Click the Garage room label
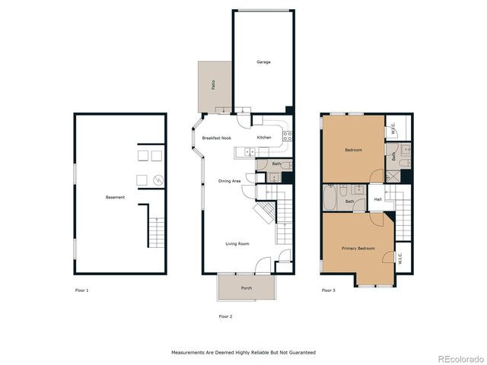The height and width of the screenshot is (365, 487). coord(263,62)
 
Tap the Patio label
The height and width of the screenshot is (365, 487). coord(213,85)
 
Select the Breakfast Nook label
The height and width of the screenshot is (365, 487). coord(216,138)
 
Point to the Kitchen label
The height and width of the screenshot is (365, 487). coord(264,137)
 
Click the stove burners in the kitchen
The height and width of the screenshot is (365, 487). coord(288,136)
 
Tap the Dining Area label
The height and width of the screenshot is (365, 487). coord(229,181)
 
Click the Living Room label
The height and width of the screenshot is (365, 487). coord(237,244)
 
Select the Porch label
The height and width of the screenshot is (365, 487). coord(247,288)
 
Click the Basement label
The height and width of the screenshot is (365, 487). coord(115,197)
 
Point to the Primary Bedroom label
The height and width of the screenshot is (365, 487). coord(358,249)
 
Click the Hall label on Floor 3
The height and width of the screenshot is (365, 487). coord(377,199)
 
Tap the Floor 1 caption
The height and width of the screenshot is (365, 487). coord(81,290)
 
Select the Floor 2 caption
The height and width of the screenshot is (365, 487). coord(225,316)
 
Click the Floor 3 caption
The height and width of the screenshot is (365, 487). coord(328,290)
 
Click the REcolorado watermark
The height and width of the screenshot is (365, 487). coord(460,359)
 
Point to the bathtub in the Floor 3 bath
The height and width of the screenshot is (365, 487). coord(329,198)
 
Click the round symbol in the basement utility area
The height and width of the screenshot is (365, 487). coord(158,180)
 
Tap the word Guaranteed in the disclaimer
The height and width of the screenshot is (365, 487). coord(302,353)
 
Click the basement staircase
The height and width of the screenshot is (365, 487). coord(156,233)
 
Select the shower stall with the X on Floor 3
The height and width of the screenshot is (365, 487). coord(393,176)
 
